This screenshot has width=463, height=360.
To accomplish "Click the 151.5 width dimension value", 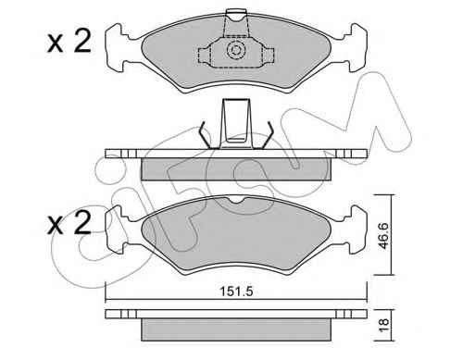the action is tap(236, 292).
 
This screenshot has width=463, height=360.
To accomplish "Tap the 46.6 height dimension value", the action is tap(384, 235).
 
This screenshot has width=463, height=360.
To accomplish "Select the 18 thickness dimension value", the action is tap(383, 326).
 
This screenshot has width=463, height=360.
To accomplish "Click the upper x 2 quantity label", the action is tap(69, 42).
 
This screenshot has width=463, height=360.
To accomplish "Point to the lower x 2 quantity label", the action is tap(69, 223).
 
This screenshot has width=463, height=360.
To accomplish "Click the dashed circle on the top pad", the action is tap(235, 50).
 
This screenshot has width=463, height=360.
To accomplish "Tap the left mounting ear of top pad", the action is tap(118, 47).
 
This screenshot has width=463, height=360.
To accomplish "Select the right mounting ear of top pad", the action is tap(355, 47).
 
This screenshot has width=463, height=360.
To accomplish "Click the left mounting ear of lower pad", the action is tap(118, 230).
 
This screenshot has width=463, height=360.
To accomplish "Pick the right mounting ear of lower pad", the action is tap(355, 230).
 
